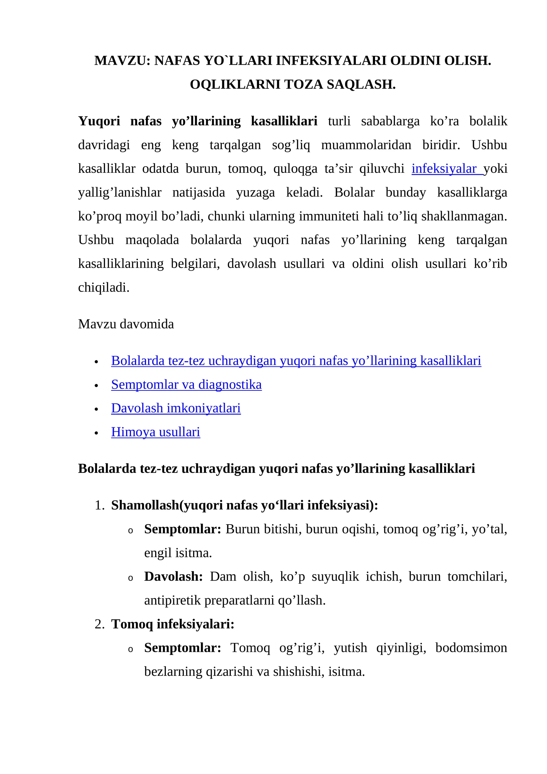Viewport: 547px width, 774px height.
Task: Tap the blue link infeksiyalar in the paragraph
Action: click(x=443, y=169)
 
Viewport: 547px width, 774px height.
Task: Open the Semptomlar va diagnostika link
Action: click(x=186, y=385)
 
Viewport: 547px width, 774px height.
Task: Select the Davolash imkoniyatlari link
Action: click(x=176, y=408)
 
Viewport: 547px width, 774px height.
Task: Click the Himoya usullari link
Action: click(x=156, y=432)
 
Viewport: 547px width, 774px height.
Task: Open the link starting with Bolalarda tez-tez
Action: click(x=296, y=361)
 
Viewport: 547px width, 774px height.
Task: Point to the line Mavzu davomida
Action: click(x=126, y=324)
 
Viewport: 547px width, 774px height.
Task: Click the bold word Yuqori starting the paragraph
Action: click(x=99, y=121)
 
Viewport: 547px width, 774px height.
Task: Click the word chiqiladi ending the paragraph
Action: click(x=104, y=287)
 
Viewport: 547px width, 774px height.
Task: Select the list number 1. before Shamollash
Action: click(x=99, y=505)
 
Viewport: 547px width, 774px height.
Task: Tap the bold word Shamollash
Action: click(x=145, y=505)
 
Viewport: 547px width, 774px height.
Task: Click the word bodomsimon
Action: click(x=471, y=648)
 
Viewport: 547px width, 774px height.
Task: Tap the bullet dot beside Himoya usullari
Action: click(x=96, y=433)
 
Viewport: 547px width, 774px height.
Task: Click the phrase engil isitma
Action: click(x=178, y=553)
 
